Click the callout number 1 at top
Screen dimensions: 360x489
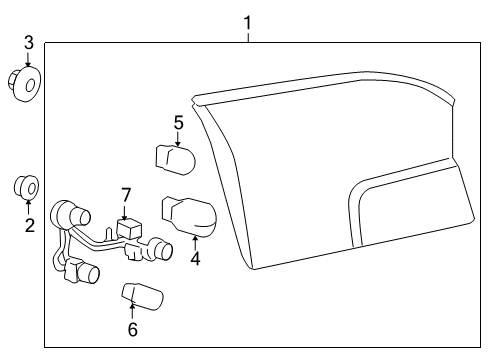click(248, 20)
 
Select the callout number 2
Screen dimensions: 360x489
click(30, 225)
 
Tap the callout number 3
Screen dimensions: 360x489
click(29, 42)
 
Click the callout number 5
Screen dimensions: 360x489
click(179, 123)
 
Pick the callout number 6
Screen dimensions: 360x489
click(132, 329)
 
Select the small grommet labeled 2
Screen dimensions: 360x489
click(27, 187)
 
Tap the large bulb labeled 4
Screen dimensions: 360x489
click(190, 214)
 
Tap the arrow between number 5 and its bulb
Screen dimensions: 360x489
click(178, 138)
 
